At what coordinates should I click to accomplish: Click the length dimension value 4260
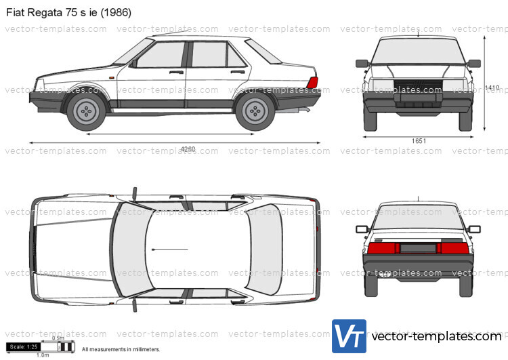(188, 150)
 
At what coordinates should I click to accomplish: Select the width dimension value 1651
(419, 140)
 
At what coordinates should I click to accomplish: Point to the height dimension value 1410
(492, 87)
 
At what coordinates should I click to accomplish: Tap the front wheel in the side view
(86, 111)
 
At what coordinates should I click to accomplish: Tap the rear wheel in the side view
(255, 111)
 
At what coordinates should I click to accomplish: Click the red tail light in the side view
(312, 83)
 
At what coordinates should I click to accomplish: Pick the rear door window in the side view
(210, 55)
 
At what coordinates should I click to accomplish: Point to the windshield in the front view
(418, 49)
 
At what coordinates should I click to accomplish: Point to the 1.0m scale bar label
(43, 355)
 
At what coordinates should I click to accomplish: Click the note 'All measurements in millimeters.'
(121, 349)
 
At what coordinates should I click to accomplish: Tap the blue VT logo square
(348, 336)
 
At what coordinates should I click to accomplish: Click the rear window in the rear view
(418, 217)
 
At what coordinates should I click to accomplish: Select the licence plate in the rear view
(418, 248)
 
